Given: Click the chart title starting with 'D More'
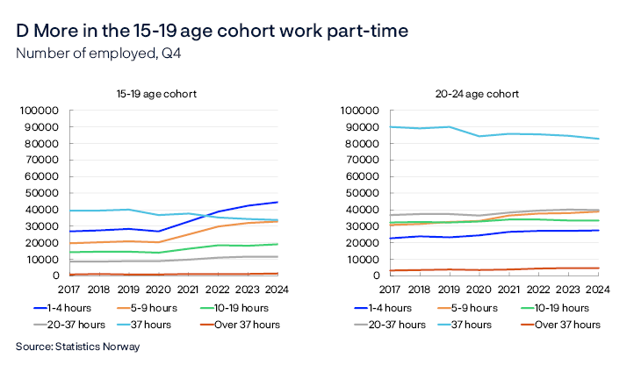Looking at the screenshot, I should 212,31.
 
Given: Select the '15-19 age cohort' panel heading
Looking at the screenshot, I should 155,93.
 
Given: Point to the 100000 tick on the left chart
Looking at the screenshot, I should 40,111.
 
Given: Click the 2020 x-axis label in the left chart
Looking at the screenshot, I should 157,290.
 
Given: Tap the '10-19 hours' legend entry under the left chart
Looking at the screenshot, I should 239,308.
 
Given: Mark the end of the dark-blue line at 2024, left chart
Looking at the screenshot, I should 277,202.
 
